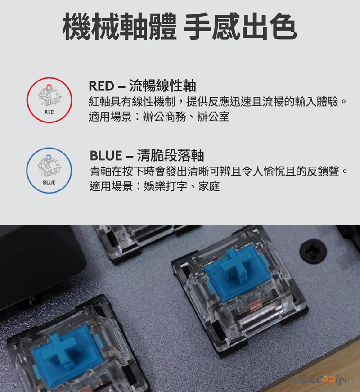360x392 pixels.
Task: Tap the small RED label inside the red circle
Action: pyautogui.click(x=49, y=112)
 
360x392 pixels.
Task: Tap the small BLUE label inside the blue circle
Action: pyautogui.click(x=49, y=183)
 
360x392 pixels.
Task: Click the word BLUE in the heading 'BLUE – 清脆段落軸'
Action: pyautogui.click(x=106, y=156)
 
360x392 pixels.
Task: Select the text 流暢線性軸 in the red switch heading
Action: pyautogui.click(x=162, y=86)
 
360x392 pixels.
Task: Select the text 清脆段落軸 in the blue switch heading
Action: pyautogui.click(x=171, y=155)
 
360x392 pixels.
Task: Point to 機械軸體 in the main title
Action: pyautogui.click(x=120, y=27)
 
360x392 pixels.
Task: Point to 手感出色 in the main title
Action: pyautogui.click(x=240, y=27)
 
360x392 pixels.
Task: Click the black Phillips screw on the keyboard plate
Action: pyautogui.click(x=313, y=251)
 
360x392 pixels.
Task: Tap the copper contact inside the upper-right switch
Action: pyautogui.click(x=256, y=305)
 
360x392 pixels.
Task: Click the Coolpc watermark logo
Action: pyautogui.click(x=319, y=379)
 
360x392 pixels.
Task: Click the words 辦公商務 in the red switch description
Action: pyautogui.click(x=165, y=117)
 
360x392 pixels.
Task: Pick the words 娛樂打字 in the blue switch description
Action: pyautogui.click(x=166, y=186)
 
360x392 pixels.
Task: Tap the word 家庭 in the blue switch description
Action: pyautogui.click(x=209, y=186)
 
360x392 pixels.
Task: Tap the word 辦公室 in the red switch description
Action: pyautogui.click(x=213, y=117)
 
